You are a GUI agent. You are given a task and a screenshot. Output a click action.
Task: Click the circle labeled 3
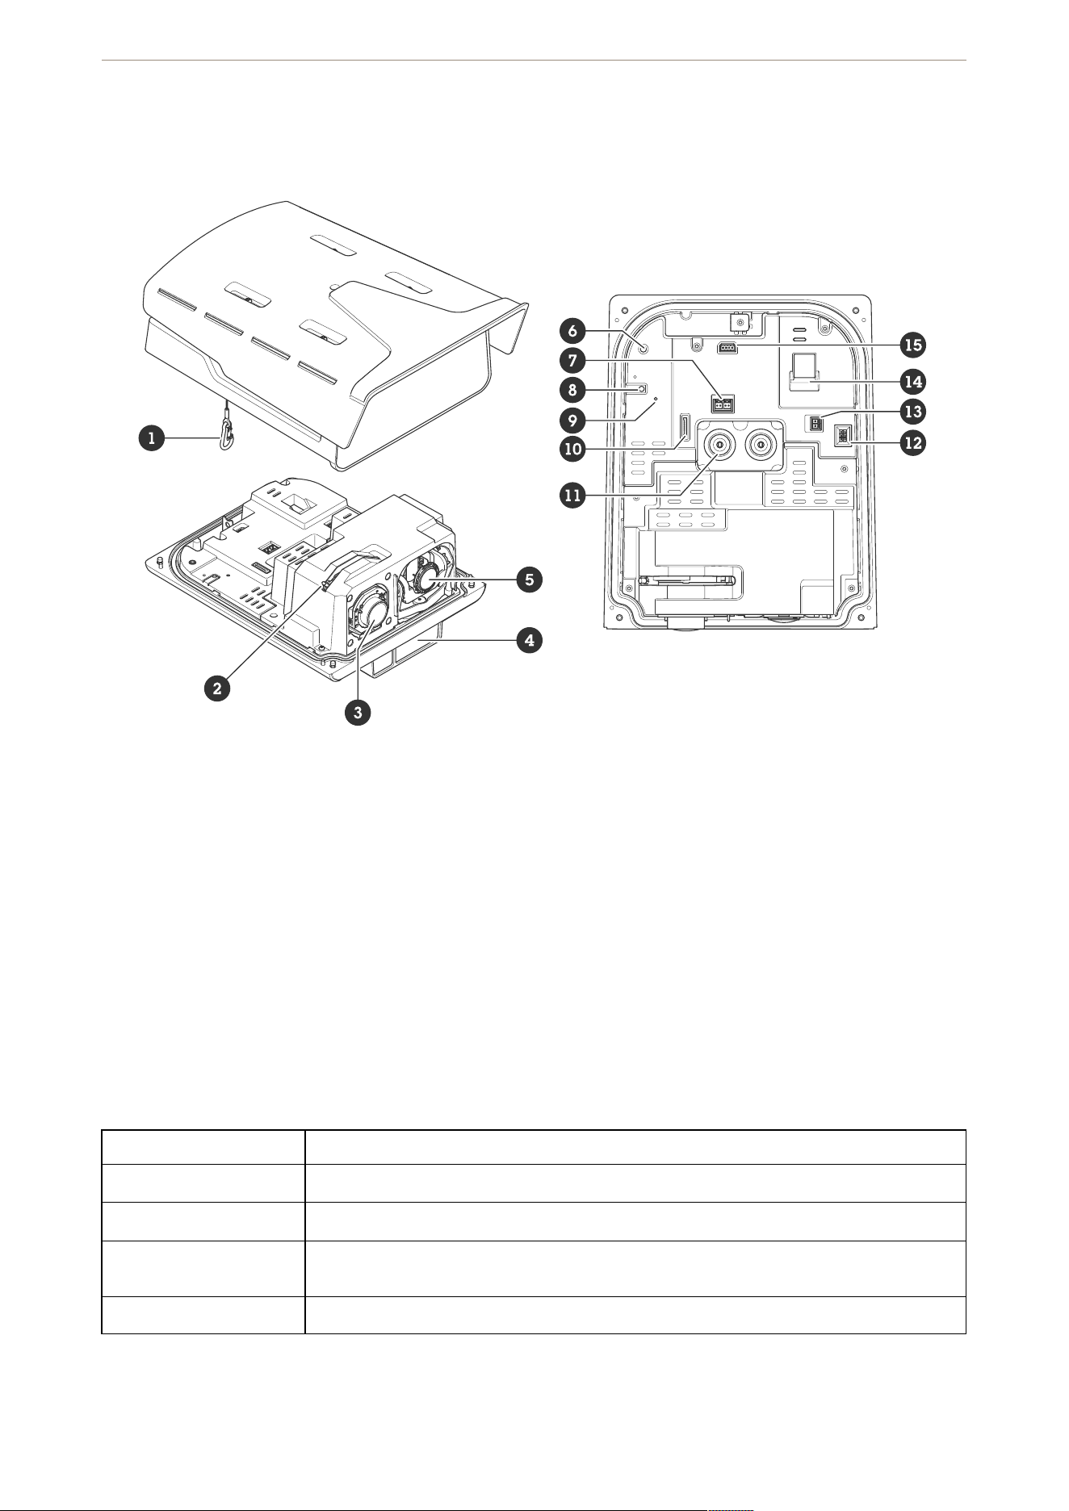[357, 711]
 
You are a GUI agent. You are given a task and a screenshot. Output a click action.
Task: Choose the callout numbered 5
[529, 579]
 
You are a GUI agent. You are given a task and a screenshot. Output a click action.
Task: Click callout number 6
[572, 330]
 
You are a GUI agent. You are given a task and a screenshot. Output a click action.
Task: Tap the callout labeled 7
[572, 360]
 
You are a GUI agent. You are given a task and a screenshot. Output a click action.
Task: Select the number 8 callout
[572, 389]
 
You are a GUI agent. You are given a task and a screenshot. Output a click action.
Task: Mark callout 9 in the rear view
[572, 420]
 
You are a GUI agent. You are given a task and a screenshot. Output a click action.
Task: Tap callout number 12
[913, 442]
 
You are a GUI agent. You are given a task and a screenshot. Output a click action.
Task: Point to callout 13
[913, 412]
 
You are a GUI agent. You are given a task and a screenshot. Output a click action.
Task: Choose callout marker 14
[913, 381]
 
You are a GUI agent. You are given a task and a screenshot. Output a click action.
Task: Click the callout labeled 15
[913, 345]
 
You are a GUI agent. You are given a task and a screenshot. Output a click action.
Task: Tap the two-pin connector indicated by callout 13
[815, 423]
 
